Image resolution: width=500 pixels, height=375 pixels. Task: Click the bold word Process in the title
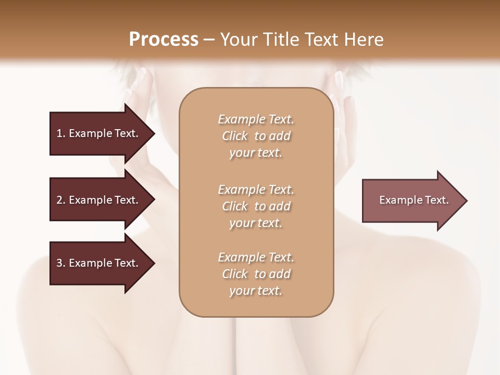pos(164,40)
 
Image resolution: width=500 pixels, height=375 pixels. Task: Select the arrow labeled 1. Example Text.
pos(99,133)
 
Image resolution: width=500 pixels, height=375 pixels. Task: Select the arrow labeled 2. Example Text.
pos(99,200)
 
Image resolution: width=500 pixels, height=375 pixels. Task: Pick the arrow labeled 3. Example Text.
pos(99,263)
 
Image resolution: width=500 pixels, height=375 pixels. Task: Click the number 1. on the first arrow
pos(61,133)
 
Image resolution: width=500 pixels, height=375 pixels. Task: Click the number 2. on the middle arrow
pos(61,200)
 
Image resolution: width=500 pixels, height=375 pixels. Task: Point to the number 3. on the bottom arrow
pos(61,263)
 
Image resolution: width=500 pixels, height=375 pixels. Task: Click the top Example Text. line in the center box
pos(256,119)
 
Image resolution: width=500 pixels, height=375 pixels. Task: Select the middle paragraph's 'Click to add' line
pos(256,206)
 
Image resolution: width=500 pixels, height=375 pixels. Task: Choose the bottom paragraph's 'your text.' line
pos(256,291)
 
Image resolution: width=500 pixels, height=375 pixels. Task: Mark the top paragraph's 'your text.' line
pos(256,153)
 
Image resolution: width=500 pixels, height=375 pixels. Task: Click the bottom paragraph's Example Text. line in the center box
pos(256,257)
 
